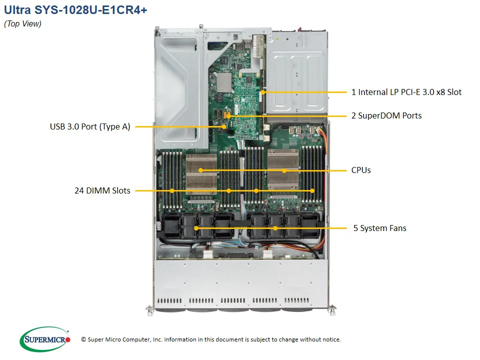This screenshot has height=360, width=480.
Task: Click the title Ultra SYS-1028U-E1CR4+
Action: [x=75, y=10]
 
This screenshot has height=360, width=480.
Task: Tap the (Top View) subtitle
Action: [x=22, y=24]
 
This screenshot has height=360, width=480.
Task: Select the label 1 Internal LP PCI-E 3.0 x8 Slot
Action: [x=406, y=92]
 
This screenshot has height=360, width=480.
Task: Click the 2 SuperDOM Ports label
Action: [x=386, y=115]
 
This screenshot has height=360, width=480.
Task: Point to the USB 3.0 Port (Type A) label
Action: [x=90, y=126]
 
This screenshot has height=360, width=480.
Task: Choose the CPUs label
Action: [x=361, y=170]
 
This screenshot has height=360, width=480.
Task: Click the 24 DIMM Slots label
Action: [x=102, y=190]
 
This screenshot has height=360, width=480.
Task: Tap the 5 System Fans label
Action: [x=379, y=228]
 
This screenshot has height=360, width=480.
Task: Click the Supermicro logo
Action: [x=45, y=339]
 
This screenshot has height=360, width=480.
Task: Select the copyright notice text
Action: [x=211, y=339]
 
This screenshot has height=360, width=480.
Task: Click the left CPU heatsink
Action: [x=201, y=173]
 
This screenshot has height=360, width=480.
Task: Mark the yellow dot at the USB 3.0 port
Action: [x=224, y=126]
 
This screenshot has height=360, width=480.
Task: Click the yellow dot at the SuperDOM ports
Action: [x=228, y=116]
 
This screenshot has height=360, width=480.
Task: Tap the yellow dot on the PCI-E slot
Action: [x=262, y=92]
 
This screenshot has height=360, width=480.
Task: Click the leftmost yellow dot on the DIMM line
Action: [x=172, y=190]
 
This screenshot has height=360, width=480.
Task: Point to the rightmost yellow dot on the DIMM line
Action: [x=312, y=190]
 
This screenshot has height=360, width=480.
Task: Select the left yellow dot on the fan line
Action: [x=196, y=228]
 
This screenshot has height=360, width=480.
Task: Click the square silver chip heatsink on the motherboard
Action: [x=224, y=82]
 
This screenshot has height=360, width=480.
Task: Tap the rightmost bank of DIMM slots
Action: [x=312, y=174]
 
